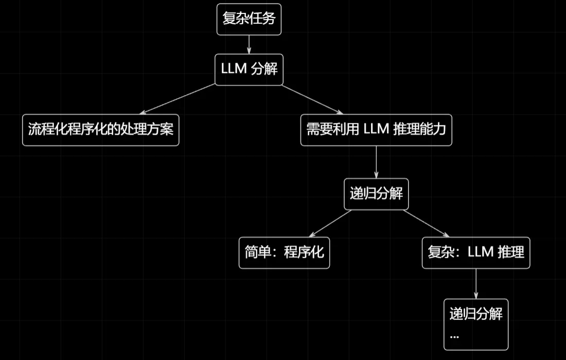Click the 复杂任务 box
[x=249, y=20]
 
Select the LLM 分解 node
[x=249, y=69]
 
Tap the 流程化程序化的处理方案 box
[x=101, y=130]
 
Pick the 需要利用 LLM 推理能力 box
[x=376, y=130]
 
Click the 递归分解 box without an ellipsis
[x=376, y=194]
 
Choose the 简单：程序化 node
[x=284, y=253]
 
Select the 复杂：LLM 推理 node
[x=476, y=253]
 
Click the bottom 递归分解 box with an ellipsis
[x=476, y=324]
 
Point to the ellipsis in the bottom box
[x=454, y=336]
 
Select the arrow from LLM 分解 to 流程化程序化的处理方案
[x=178, y=99]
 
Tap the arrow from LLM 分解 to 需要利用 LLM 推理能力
[x=312, y=99]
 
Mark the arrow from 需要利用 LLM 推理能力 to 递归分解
[x=376, y=162]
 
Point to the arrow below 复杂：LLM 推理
[x=476, y=284]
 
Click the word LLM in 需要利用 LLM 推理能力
[x=376, y=130]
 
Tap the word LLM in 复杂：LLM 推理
[x=481, y=253]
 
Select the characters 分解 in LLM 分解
[x=264, y=69]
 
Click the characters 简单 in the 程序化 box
[x=257, y=253]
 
